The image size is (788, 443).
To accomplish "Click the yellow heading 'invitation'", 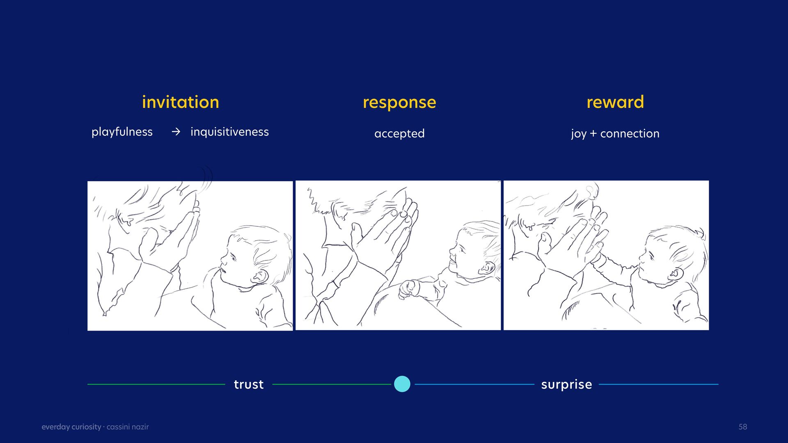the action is [181, 102].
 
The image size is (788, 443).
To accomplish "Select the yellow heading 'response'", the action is [399, 103].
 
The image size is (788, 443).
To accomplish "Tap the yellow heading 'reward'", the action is [615, 102].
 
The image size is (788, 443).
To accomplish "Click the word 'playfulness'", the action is [122, 132].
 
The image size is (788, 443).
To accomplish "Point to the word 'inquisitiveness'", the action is [229, 132].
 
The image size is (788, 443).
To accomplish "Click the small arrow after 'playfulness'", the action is [176, 132].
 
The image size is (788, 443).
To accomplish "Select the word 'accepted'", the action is [399, 134].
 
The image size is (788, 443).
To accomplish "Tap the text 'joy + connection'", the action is [615, 134].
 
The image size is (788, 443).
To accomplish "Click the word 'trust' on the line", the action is [249, 384].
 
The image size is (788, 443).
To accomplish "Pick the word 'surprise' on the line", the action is [566, 385].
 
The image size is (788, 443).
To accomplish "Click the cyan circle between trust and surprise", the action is [402, 384].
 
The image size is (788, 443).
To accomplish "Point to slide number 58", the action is [743, 427].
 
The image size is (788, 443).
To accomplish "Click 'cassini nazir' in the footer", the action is [128, 427].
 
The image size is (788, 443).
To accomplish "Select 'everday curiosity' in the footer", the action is [71, 427].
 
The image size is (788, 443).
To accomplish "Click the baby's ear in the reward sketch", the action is [675, 273].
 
